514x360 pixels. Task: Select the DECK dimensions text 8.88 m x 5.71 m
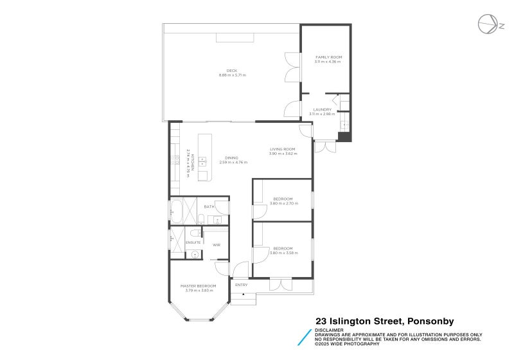pyautogui.click(x=232, y=75)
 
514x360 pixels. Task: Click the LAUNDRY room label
pyautogui.click(x=323, y=109)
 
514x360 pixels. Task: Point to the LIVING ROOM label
pyautogui.click(x=283, y=149)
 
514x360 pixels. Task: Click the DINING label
pyautogui.click(x=231, y=157)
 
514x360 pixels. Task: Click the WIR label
pyautogui.click(x=217, y=244)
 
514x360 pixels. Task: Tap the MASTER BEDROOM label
pyautogui.click(x=198, y=285)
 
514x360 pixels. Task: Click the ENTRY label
pyautogui.click(x=242, y=285)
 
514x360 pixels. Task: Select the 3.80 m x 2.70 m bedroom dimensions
pyautogui.click(x=283, y=203)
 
